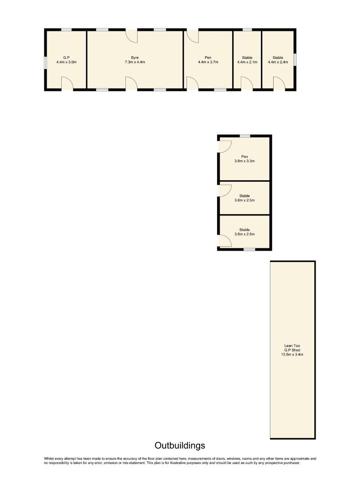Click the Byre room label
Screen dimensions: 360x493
click(135, 58)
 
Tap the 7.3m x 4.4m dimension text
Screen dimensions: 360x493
click(135, 62)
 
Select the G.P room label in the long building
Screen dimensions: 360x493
click(66, 58)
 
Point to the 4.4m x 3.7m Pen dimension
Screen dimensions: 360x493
click(208, 62)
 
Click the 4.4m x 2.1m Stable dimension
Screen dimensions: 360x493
click(247, 62)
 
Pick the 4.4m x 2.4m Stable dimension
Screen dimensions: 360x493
click(278, 62)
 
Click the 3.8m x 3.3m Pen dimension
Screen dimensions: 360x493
click(244, 161)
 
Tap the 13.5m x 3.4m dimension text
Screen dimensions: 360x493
click(292, 355)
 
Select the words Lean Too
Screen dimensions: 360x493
click(292, 346)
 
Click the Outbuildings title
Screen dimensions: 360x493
click(180, 446)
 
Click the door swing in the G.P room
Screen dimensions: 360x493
click(67, 84)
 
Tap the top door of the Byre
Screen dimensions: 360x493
click(132, 36)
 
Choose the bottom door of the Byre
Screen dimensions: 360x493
click(132, 84)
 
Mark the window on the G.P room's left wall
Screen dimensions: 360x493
click(45, 62)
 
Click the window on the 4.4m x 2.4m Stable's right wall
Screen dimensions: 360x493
click(295, 60)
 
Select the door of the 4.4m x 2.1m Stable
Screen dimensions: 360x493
click(247, 84)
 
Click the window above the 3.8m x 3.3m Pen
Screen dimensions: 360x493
click(245, 136)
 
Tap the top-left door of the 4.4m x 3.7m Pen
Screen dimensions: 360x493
click(193, 36)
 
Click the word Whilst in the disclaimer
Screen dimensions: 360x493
click(49, 459)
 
